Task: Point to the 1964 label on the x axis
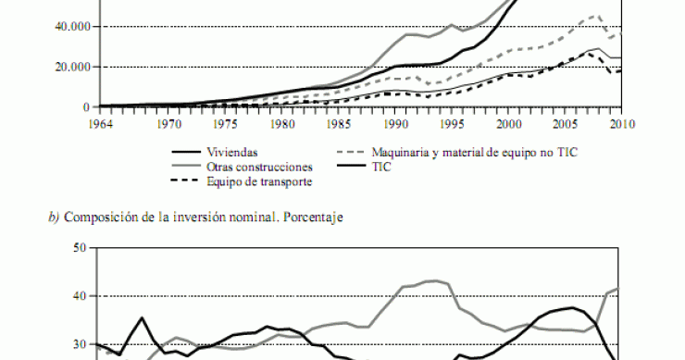pos(99,121)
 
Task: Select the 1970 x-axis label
pos(168,121)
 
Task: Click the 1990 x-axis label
pos(395,121)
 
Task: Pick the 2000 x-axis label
pos(508,121)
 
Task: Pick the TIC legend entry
pos(381,167)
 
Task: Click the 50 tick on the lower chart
pos(80,248)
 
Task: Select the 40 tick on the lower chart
pos(80,296)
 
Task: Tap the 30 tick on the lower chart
pos(80,344)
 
